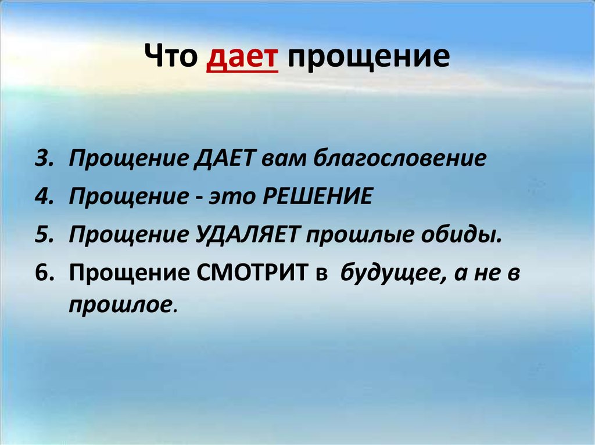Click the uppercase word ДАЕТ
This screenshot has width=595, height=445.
tap(228, 159)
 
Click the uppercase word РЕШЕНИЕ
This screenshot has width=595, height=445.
tap(317, 197)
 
